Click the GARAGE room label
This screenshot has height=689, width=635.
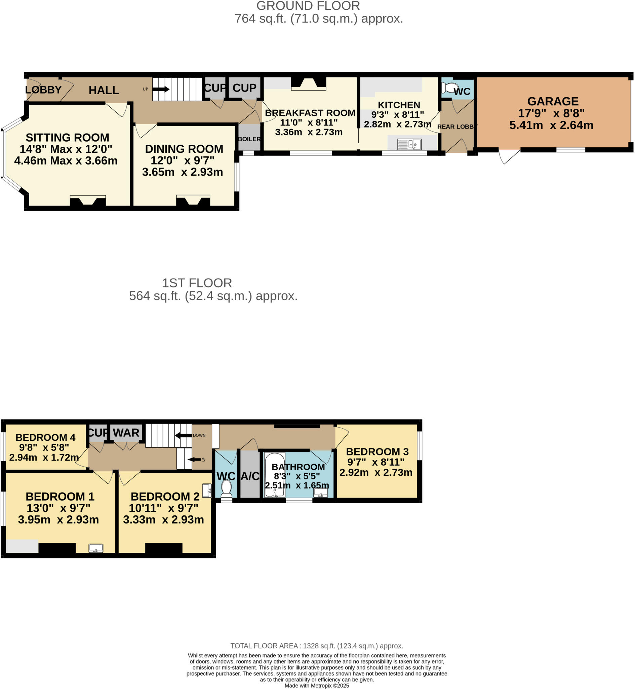[553, 101]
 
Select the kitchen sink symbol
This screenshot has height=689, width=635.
[409, 144]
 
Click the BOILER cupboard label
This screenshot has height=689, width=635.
[249, 139]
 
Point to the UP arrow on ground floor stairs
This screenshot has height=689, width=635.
[160, 89]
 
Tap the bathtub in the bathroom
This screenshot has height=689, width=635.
[275, 475]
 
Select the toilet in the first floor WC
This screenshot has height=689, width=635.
[226, 489]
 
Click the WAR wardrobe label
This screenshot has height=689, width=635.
[126, 433]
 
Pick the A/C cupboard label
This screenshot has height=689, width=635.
[250, 476]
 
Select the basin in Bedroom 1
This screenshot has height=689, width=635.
[96, 548]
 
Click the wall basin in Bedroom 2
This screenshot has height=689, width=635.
[207, 491]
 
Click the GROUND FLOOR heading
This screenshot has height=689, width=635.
[308, 6]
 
